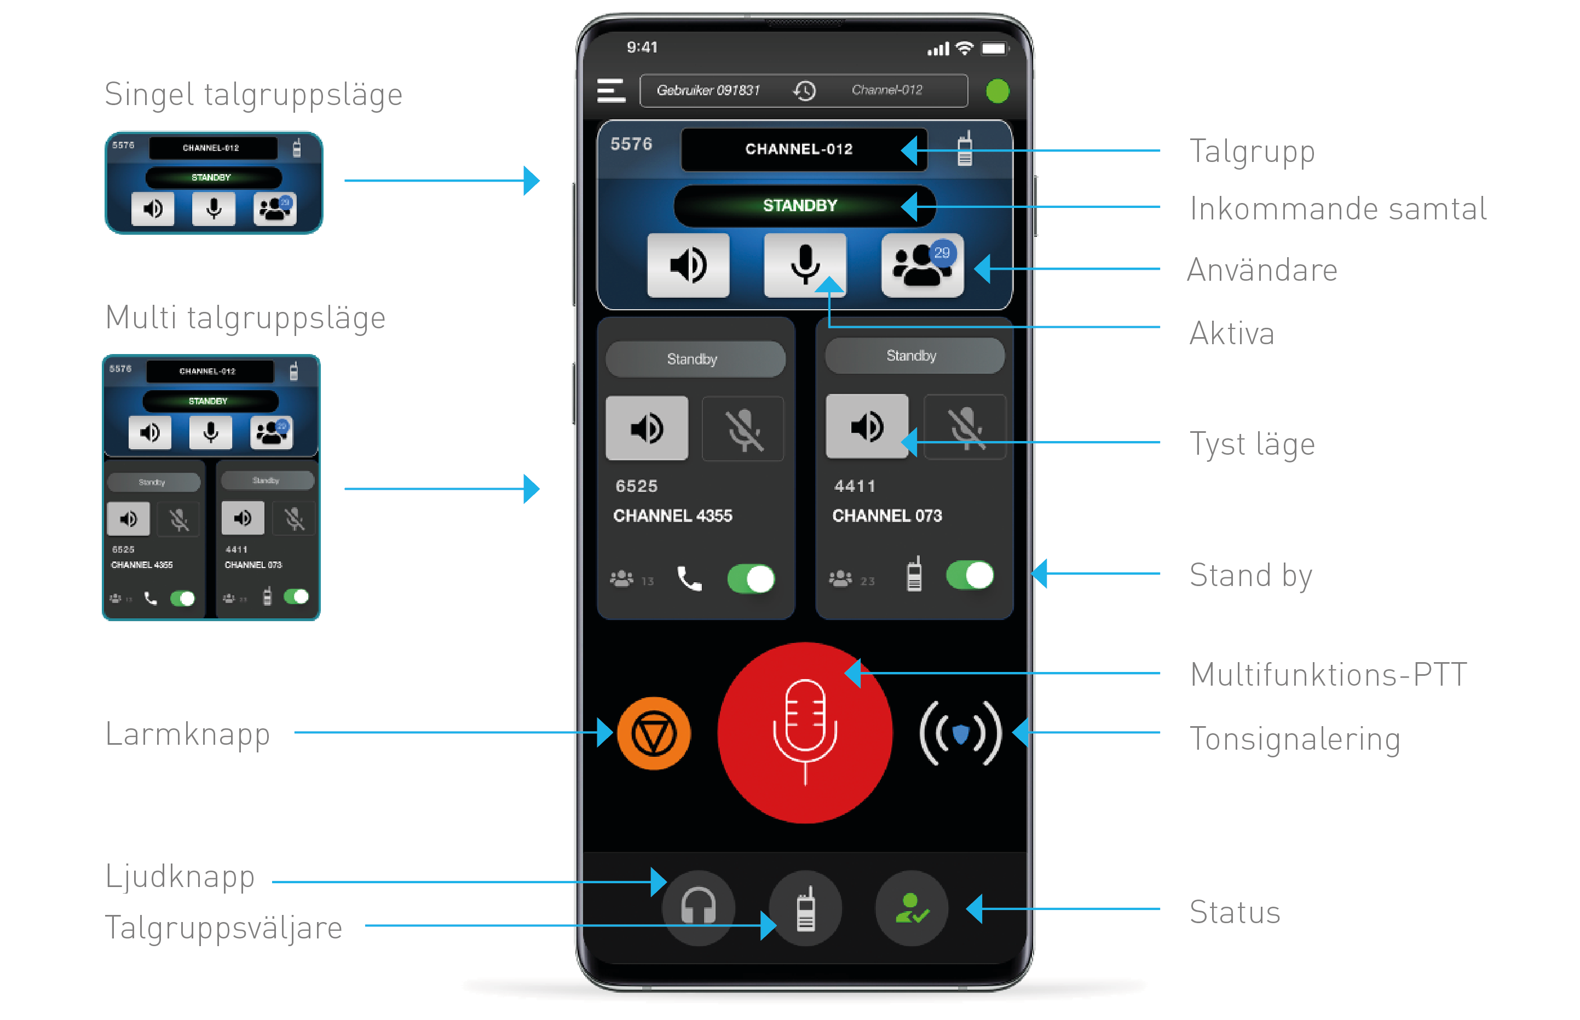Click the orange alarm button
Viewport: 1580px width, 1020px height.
coord(653,733)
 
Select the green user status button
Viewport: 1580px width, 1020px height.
coord(912,908)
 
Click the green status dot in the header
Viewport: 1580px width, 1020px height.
coord(997,91)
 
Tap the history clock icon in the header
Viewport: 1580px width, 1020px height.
coord(804,90)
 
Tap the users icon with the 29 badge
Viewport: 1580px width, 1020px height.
coord(921,265)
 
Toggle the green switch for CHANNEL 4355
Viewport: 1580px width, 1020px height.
coord(751,579)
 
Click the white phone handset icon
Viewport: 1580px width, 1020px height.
coord(689,579)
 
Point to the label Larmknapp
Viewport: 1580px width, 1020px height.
coord(187,733)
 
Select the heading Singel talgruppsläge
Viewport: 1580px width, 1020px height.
coord(253,94)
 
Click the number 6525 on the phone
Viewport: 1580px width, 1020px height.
coord(636,486)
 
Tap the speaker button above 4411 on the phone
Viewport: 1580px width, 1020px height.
coord(866,426)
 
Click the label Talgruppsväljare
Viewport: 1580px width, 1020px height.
coord(223,926)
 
